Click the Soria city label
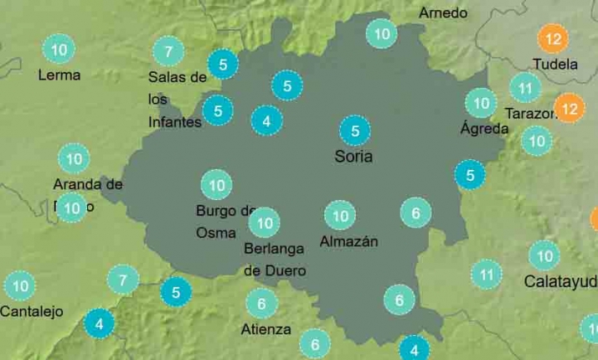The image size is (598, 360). point(353,157)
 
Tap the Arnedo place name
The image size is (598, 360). point(443,13)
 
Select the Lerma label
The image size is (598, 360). point(59,75)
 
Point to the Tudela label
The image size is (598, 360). point(555,64)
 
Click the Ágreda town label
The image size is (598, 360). point(484,129)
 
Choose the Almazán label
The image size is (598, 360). point(349,242)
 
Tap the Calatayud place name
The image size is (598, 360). point(560,281)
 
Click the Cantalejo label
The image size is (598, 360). point(32,312)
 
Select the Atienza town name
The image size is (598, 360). point(266,330)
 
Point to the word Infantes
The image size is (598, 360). point(175,122)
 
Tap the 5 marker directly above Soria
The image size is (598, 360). point(355,131)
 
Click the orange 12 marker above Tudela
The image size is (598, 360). point(553,39)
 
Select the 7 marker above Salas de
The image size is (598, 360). point(169,51)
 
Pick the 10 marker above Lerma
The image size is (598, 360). point(59,49)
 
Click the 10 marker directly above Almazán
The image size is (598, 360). point(340,216)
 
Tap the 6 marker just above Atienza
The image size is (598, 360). point(261,304)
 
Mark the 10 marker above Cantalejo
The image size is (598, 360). point(20,286)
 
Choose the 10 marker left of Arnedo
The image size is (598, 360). point(382,34)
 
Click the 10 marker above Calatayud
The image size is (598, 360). point(544,255)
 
